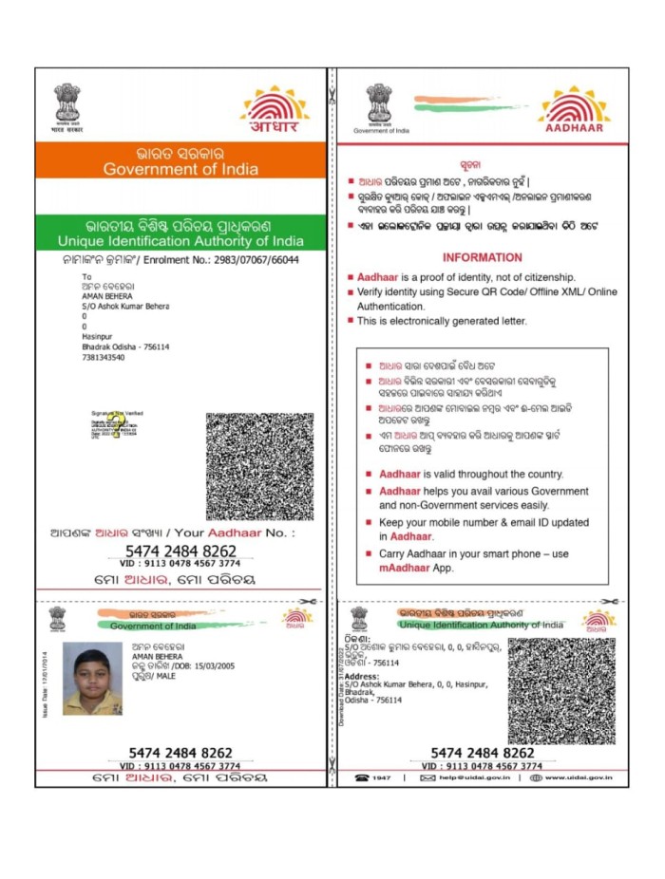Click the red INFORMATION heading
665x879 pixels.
pos(482,257)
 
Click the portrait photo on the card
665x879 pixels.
pos(92,678)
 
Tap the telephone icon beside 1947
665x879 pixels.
pos(362,777)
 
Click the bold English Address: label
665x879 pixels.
pos(361,676)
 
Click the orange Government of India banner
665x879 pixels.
pos(180,160)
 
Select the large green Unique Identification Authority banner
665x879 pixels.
pos(180,234)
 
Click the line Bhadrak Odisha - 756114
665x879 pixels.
pos(125,346)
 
